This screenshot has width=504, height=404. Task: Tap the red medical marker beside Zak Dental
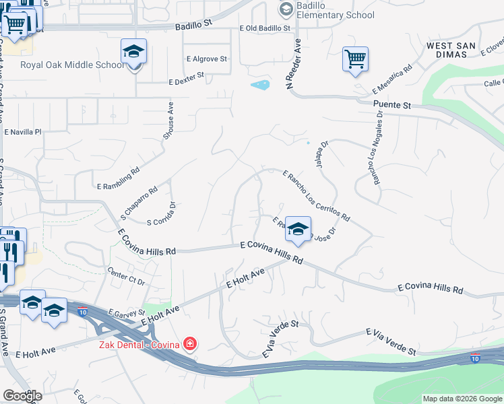click(x=190, y=345)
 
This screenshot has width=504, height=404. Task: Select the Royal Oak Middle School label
click(x=72, y=65)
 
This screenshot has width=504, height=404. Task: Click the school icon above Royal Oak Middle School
click(x=133, y=52)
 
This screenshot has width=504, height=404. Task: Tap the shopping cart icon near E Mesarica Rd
click(x=355, y=59)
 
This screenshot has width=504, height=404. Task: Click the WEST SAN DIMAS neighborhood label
click(x=455, y=51)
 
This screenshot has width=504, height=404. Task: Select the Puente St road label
click(x=391, y=106)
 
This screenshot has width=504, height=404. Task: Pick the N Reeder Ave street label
click(x=292, y=64)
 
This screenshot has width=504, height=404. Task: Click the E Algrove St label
click(x=206, y=59)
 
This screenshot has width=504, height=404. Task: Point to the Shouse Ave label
click(x=168, y=121)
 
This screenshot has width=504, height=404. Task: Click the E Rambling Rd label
click(x=118, y=178)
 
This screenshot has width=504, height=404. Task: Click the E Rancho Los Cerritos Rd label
click(x=316, y=196)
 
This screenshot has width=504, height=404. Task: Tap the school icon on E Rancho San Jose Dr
click(x=297, y=230)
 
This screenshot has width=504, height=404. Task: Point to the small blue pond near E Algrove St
click(x=260, y=85)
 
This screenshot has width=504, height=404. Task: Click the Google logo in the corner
click(x=22, y=395)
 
